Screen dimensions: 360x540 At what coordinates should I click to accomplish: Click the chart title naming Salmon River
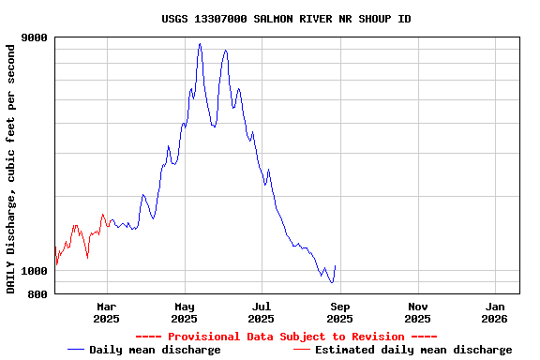pyautogui.click(x=286, y=19)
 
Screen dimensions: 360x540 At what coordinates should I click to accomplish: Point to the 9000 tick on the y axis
pyautogui.click(x=35, y=37)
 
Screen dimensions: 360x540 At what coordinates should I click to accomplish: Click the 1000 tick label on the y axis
pyautogui.click(x=35, y=271)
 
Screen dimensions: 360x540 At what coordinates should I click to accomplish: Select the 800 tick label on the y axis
pyautogui.click(x=37, y=294)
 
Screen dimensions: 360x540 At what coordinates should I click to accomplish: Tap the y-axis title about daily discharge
pyautogui.click(x=11, y=166)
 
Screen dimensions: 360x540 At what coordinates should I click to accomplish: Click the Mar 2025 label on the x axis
pyautogui.click(x=107, y=312)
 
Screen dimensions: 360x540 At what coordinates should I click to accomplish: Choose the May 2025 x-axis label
pyautogui.click(x=185, y=312)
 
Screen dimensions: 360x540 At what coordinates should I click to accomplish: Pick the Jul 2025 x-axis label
pyautogui.click(x=262, y=312)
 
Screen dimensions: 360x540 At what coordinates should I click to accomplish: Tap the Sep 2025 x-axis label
pyautogui.click(x=340, y=312)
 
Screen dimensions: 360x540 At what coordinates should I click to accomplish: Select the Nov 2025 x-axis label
pyautogui.click(x=418, y=312)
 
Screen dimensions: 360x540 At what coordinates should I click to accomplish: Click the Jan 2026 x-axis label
pyautogui.click(x=496, y=312)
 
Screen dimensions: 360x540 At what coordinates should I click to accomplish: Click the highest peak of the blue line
pyautogui.click(x=200, y=44)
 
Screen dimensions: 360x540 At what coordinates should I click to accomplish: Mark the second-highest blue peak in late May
pyautogui.click(x=225, y=51)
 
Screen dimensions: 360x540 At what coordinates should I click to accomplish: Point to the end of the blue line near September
pyautogui.click(x=335, y=266)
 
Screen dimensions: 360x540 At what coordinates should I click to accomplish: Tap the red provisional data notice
pyautogui.click(x=286, y=337)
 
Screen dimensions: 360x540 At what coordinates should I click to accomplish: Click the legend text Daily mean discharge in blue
pyautogui.click(x=155, y=350)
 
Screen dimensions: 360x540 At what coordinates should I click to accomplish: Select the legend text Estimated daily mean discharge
pyautogui.click(x=413, y=350)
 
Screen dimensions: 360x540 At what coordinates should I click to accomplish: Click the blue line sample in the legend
pyautogui.click(x=77, y=350)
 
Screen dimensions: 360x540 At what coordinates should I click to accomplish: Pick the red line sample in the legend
pyautogui.click(x=302, y=350)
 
